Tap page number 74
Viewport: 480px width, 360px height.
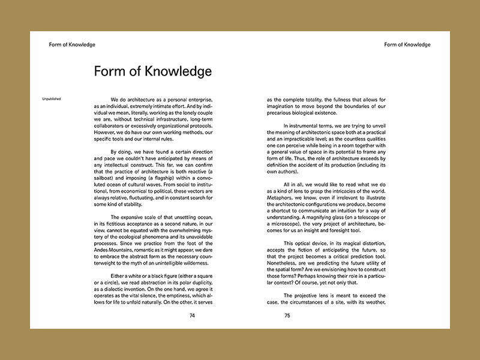192,315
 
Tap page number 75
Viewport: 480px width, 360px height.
287,315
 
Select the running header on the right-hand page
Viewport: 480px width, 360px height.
407,44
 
